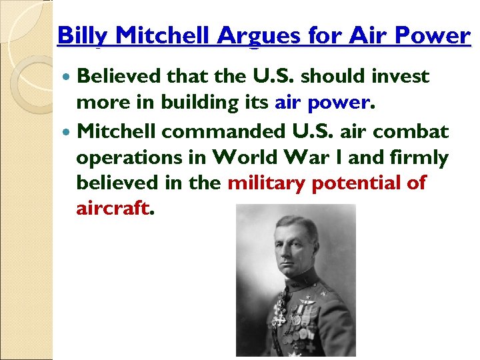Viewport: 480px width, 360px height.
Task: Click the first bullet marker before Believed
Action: tap(68, 77)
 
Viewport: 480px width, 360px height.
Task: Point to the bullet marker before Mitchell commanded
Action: tap(68, 132)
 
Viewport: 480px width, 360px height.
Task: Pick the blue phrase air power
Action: tap(321, 104)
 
